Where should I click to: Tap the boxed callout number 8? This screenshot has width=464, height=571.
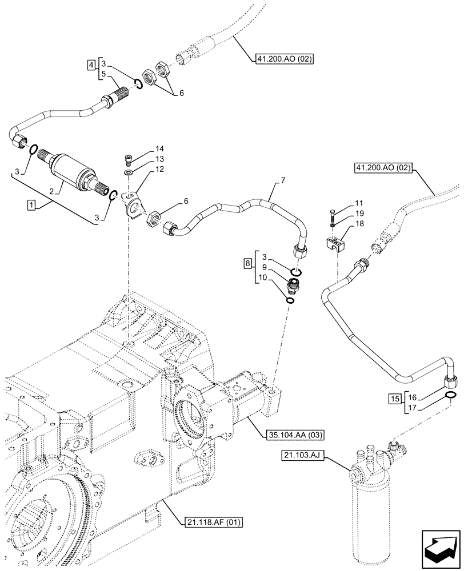tap(247, 263)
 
